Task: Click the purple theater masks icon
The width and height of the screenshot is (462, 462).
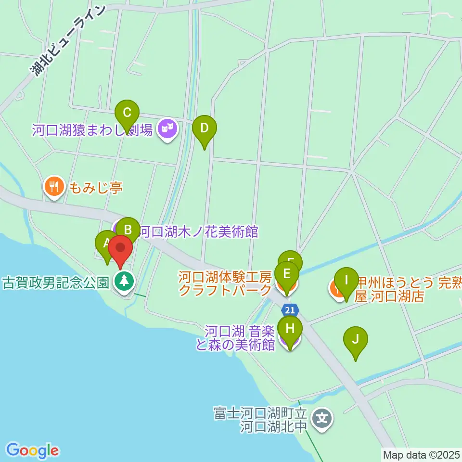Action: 167,128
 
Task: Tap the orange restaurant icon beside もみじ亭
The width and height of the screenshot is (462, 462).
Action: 54,186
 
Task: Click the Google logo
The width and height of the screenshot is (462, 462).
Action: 32,450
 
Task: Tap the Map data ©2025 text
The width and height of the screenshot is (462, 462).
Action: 421,454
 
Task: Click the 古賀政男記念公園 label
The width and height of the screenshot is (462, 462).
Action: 56,282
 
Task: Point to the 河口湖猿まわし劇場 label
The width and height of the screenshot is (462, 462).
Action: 92,129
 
